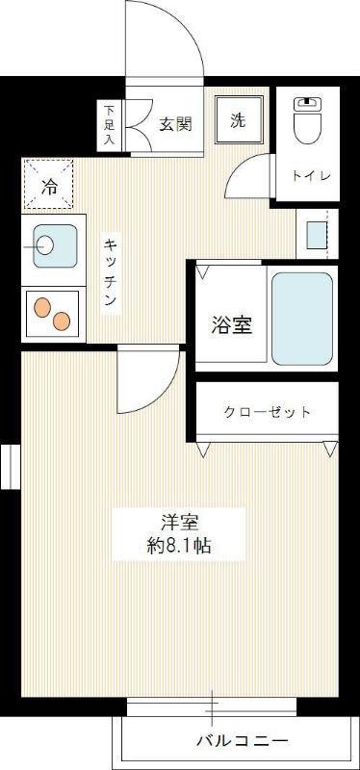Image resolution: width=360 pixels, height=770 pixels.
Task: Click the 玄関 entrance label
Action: (x=176, y=123)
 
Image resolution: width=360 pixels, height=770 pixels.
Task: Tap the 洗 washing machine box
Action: (x=238, y=120)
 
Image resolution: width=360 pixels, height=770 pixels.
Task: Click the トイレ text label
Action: (x=312, y=175)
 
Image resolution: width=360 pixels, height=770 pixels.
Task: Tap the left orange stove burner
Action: (x=42, y=307)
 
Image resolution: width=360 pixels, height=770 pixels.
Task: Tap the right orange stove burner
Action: (x=63, y=321)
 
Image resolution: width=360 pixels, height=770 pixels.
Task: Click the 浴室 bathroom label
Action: (x=232, y=324)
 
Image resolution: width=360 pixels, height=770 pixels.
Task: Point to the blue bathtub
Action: (x=301, y=319)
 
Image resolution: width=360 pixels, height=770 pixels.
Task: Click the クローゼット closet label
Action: (x=267, y=412)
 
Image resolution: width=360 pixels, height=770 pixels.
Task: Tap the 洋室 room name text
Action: (x=179, y=524)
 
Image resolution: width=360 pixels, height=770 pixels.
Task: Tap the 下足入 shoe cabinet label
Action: (x=109, y=125)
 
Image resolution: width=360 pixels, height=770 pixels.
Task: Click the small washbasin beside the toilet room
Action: (x=315, y=234)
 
